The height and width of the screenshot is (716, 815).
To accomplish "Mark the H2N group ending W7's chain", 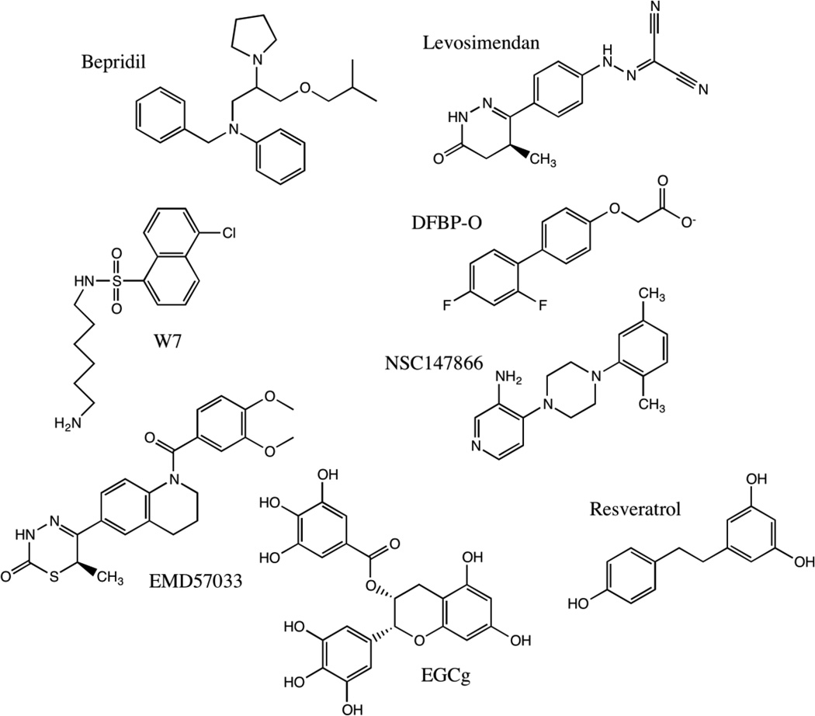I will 68,422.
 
